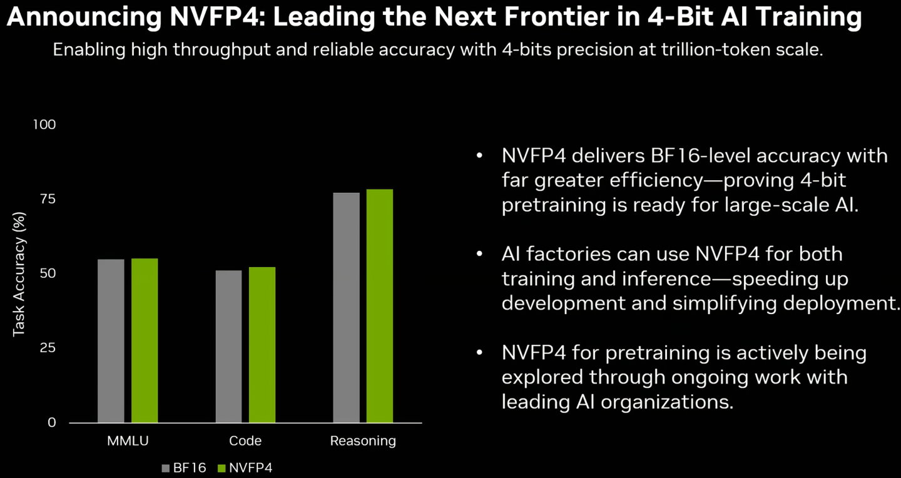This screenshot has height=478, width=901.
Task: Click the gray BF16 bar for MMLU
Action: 111,341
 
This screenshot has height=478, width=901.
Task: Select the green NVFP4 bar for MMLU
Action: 145,341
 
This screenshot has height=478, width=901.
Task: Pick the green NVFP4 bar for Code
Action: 262,345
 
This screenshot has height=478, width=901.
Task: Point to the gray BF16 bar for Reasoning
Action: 346,307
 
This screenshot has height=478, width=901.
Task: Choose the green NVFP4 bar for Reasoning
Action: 380,306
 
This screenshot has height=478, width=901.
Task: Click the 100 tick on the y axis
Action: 44,125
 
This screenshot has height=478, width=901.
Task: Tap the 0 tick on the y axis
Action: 51,422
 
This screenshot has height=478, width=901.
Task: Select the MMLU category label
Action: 128,441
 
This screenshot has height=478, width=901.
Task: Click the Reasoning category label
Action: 363,441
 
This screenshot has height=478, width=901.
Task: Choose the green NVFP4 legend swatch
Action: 221,468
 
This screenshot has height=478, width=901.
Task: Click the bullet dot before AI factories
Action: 480,254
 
